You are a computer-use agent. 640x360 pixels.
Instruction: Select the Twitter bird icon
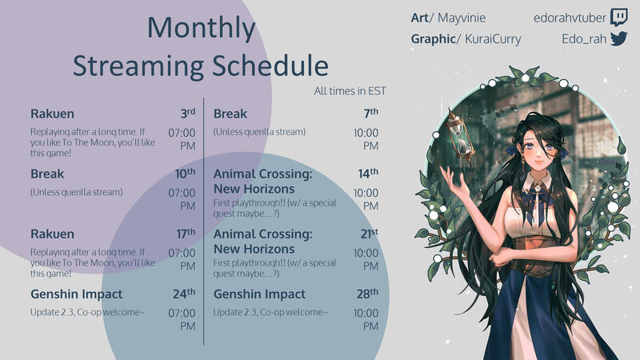click(x=618, y=39)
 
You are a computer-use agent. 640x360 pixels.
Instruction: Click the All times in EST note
click(x=350, y=90)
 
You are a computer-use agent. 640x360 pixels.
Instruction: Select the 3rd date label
click(x=187, y=114)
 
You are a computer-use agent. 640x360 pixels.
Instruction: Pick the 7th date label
click(x=370, y=114)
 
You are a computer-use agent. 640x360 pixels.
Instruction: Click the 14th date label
click(x=368, y=174)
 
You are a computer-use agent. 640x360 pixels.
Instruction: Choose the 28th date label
click(x=368, y=294)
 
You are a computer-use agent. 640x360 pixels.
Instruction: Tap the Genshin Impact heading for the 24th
click(x=77, y=294)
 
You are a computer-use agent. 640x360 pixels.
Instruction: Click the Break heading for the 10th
click(x=46, y=174)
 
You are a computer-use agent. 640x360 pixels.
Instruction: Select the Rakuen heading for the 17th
click(x=52, y=234)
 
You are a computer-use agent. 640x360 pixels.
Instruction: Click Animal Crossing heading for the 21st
click(x=262, y=242)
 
